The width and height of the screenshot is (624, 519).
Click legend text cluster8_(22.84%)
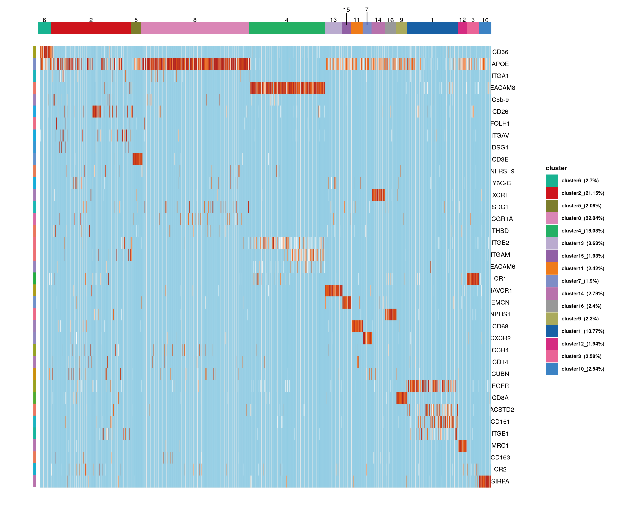(x=583, y=218)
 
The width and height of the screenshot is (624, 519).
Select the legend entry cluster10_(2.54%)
(x=583, y=369)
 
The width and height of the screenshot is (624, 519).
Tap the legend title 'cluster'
(x=556, y=168)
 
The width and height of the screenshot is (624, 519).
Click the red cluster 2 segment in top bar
(x=91, y=28)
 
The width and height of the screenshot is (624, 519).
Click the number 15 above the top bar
(x=346, y=10)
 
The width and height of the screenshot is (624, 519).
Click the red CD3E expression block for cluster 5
(x=137, y=159)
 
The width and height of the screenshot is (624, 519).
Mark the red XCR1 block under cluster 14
(x=378, y=195)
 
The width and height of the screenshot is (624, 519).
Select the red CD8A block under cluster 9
(x=402, y=398)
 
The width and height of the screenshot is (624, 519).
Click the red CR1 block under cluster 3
(x=473, y=278)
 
